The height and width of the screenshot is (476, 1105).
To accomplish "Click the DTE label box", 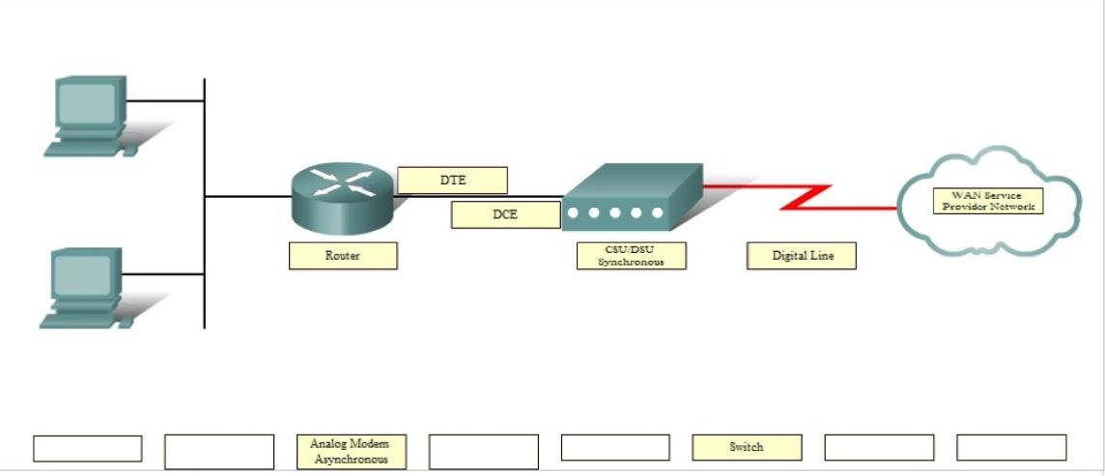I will (452, 181).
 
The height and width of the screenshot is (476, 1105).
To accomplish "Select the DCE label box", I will (505, 214).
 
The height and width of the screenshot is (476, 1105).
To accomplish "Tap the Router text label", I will (342, 256).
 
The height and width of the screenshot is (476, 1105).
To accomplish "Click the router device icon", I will (342, 196).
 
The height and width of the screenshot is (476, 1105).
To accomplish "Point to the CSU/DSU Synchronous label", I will (631, 256).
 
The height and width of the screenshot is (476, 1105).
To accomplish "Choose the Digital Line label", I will (802, 256).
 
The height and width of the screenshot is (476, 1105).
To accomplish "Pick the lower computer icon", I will (85, 286).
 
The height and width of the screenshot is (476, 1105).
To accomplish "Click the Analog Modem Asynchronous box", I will (351, 452).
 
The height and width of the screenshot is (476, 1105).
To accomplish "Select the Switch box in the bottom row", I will (746, 447).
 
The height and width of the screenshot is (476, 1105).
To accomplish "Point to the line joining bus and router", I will (247, 196).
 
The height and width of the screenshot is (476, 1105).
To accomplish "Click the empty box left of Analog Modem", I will (219, 452).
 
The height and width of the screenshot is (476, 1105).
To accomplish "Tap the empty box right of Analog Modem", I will (483, 452).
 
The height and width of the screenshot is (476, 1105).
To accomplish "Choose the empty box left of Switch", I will (614, 448).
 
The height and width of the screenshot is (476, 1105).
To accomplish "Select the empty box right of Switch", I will (879, 448).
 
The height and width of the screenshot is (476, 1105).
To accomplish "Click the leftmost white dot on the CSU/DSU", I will (574, 212).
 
